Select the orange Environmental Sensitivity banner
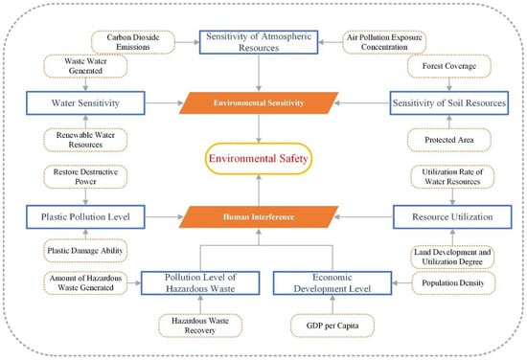tap(262, 101)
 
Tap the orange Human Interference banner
tap(262, 218)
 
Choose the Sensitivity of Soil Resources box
tap(448, 101)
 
